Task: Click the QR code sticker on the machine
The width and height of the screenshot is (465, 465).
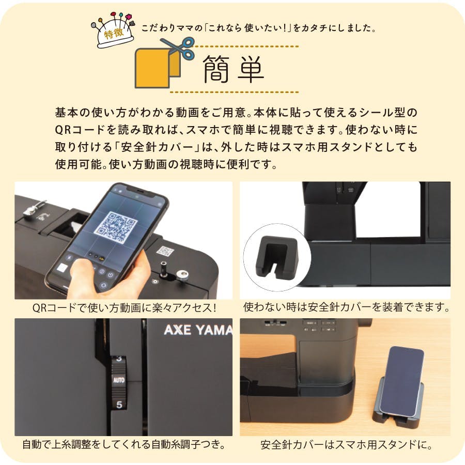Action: click(x=164, y=251)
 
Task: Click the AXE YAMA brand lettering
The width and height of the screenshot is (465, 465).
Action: click(x=198, y=331)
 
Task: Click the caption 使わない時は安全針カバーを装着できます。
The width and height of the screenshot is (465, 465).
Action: click(x=346, y=307)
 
